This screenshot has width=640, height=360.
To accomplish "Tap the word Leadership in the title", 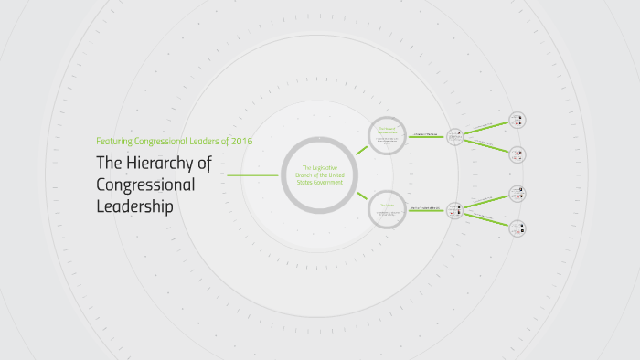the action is pyautogui.click(x=134, y=206).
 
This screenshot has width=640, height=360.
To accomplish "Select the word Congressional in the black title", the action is pyautogui.click(x=145, y=185).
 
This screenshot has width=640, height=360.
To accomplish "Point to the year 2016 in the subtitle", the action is pyautogui.click(x=241, y=141).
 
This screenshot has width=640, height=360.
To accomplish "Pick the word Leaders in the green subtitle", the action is pyautogui.click(x=201, y=141).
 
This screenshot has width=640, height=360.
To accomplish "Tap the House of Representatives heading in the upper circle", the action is pyautogui.click(x=387, y=129).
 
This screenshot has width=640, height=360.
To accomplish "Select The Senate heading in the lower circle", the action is pyautogui.click(x=387, y=205).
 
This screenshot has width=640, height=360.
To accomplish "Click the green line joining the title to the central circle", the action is pyautogui.click(x=252, y=175).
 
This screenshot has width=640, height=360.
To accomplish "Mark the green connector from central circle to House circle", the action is pyautogui.click(x=362, y=150).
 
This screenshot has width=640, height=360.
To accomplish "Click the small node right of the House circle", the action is pyautogui.click(x=454, y=135).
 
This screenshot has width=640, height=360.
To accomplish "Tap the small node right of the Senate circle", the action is pyautogui.click(x=454, y=210).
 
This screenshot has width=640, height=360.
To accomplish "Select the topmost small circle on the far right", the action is pyautogui.click(x=518, y=119).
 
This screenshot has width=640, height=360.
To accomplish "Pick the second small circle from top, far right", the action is pyautogui.click(x=518, y=154).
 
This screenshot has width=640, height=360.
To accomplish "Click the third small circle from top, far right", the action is pyautogui.click(x=518, y=193).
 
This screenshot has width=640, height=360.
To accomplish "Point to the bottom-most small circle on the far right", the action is pyautogui.click(x=518, y=228).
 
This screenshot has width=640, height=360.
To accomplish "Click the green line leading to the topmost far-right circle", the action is pyautogui.click(x=486, y=127).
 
